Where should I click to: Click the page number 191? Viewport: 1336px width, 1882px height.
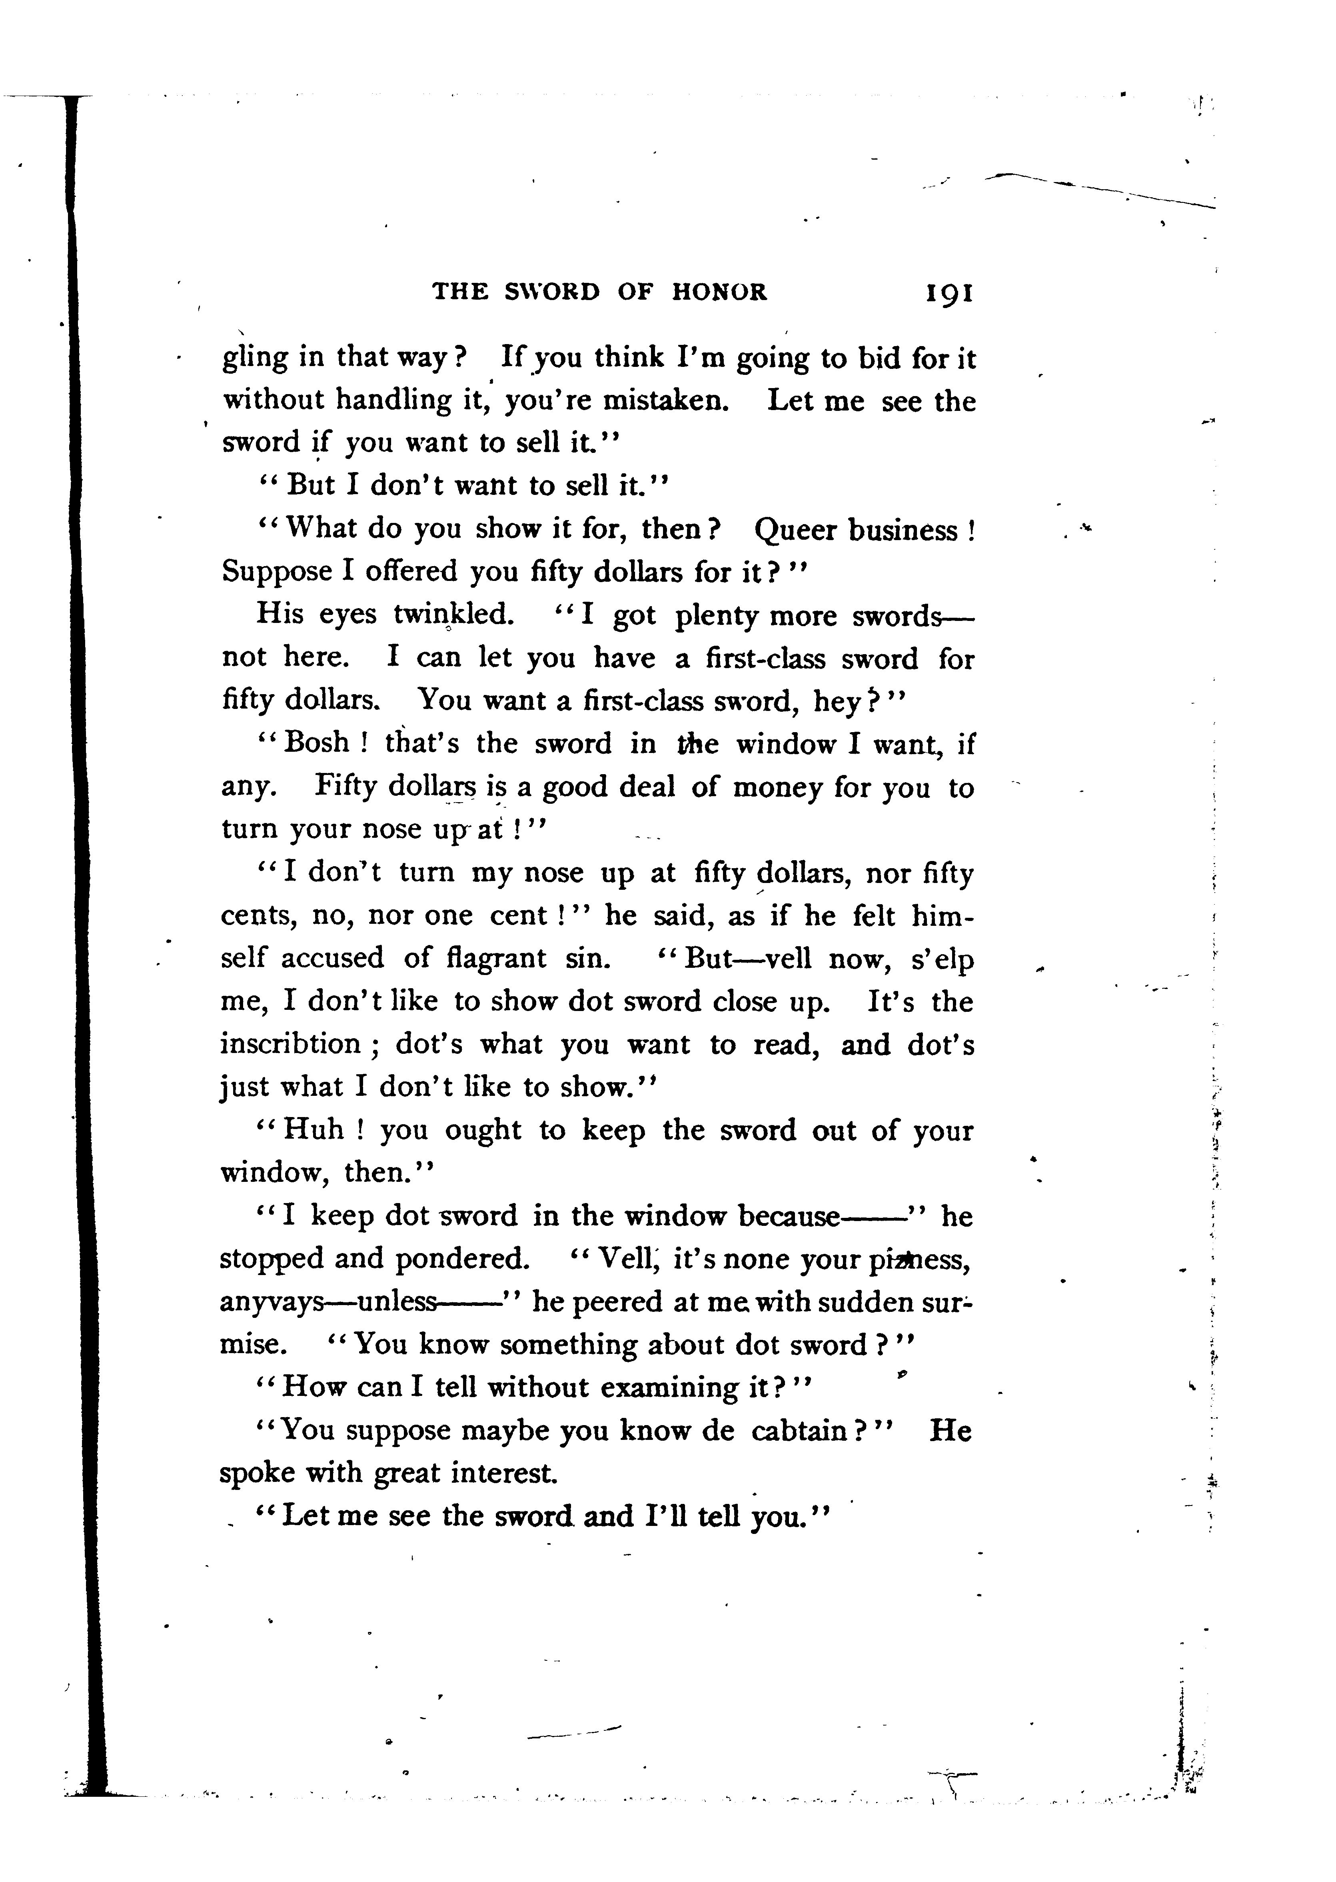click(949, 292)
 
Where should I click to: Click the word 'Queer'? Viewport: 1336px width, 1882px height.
click(794, 529)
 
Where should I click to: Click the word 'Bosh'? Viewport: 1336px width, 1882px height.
click(317, 743)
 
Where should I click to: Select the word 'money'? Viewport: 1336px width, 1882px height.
click(776, 787)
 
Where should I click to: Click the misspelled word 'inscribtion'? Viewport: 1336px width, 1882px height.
click(290, 1044)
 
